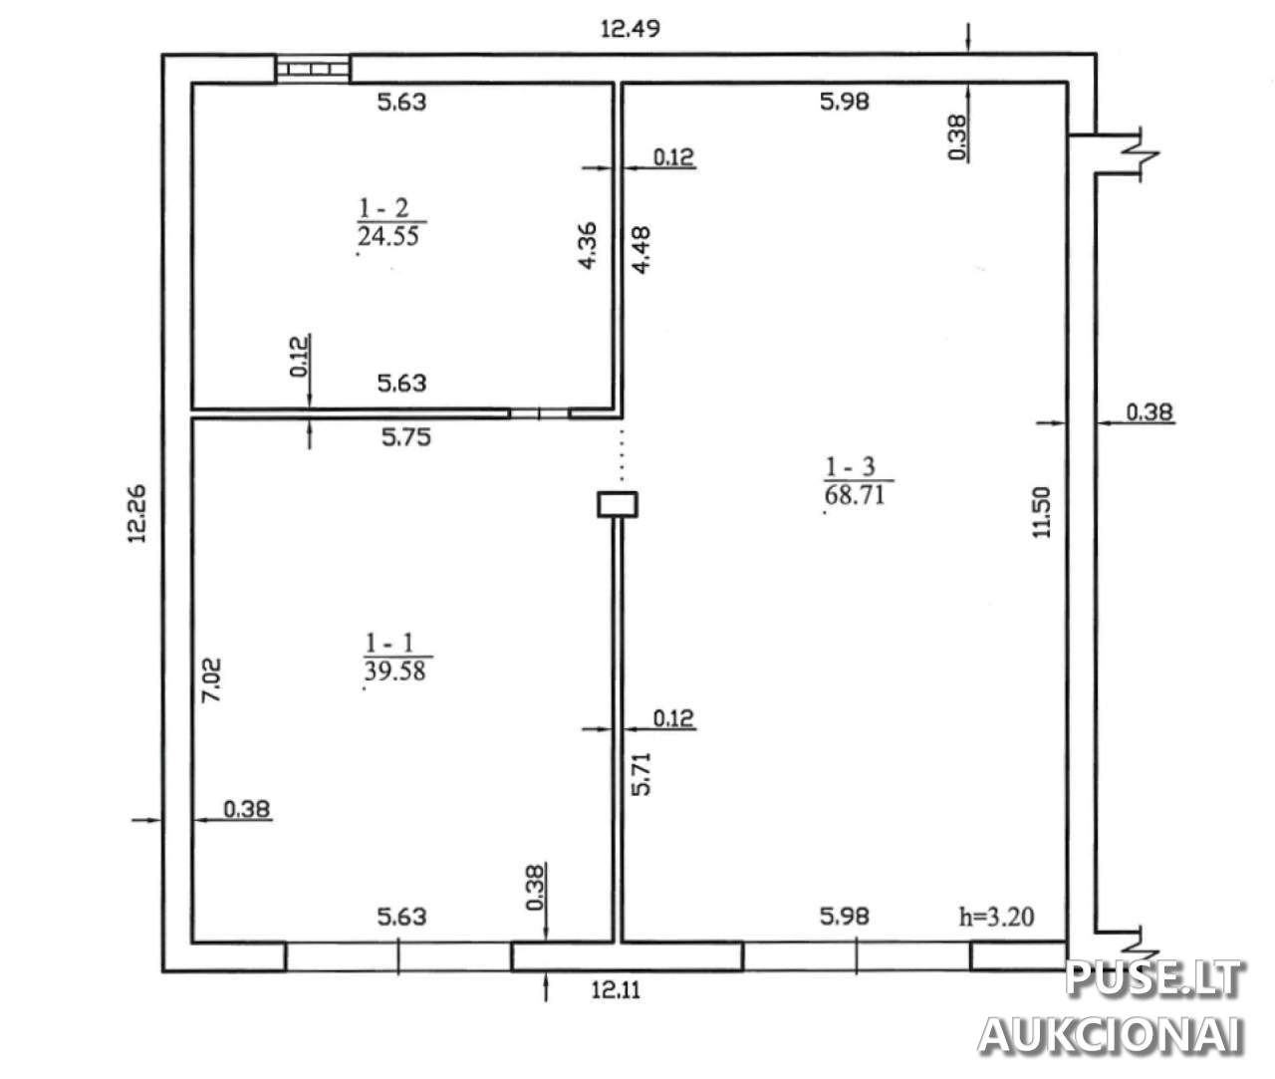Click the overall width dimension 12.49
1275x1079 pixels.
point(630,28)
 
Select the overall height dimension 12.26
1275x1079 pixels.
point(136,513)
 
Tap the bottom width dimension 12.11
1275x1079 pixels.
point(616,990)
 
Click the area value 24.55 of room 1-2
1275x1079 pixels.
point(388,236)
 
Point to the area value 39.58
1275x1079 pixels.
point(394,671)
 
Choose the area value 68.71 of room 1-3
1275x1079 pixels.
point(855,495)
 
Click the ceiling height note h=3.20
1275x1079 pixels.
point(997,917)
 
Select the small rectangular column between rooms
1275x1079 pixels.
point(618,504)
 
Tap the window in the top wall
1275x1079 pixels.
point(313,69)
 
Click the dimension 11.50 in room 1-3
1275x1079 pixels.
point(1042,513)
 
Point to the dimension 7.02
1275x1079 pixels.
point(211,679)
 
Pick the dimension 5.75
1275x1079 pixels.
point(405,437)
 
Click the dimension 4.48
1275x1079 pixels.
point(641,249)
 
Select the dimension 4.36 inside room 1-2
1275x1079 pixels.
point(588,245)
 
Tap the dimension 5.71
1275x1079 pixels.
point(641,774)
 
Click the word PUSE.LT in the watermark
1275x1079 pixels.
point(1153,979)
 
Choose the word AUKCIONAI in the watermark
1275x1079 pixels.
point(1111,1035)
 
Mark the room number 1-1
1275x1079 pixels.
point(389,644)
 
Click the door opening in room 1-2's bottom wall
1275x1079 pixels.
point(540,413)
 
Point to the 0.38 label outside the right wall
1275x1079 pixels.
point(1149,412)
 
